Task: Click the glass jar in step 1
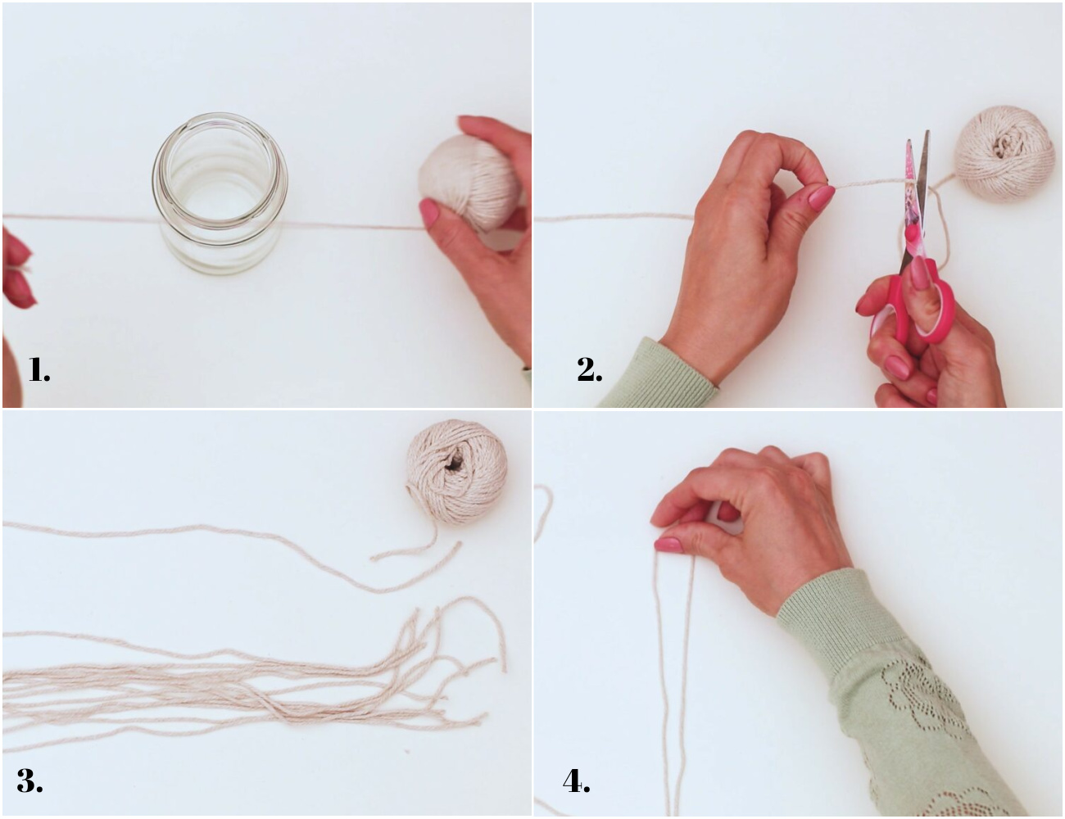pyautogui.click(x=220, y=193)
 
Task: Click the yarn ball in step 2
pyautogui.click(x=1004, y=154)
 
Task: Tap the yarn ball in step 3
pyautogui.click(x=457, y=472)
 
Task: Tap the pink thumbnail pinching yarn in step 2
pyautogui.click(x=821, y=197)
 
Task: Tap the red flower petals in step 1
pyautogui.click(x=17, y=267)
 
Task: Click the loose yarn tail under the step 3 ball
pyautogui.click(x=417, y=549)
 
